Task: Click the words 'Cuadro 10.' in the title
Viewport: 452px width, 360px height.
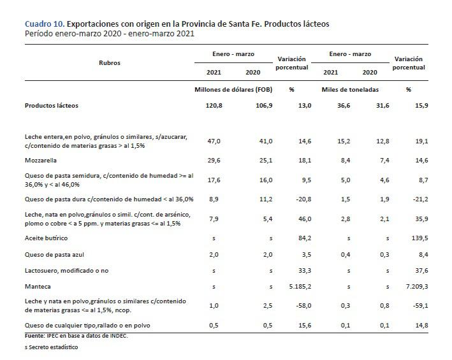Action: point(44,24)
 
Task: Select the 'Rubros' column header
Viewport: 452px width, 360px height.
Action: point(110,63)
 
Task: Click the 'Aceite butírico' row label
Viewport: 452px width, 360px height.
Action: point(47,238)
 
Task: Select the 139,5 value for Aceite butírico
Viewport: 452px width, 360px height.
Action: point(418,238)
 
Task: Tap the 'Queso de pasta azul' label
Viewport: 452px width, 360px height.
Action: point(54,254)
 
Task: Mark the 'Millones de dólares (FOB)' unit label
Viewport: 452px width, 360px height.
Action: point(233,89)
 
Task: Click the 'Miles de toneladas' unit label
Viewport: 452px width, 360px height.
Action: point(349,89)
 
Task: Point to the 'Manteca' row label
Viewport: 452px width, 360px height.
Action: point(37,287)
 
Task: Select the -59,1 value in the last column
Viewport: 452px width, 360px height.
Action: point(418,305)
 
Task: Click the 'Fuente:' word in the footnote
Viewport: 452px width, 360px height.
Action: point(35,335)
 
